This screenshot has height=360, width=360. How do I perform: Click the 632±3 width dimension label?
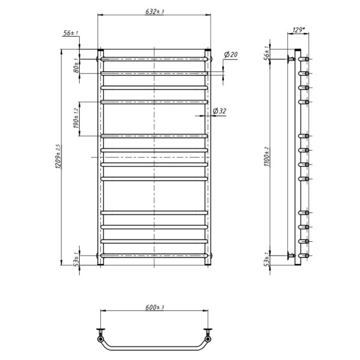155,11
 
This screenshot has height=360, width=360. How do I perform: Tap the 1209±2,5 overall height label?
58,157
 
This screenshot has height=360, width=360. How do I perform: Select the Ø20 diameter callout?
231,55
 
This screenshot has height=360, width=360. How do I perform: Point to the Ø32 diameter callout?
219,111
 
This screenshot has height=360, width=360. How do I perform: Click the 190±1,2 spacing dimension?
76,118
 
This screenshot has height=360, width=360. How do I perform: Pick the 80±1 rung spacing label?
76,65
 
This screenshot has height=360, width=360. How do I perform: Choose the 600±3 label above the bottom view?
155,307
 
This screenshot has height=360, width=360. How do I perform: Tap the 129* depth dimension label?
298,30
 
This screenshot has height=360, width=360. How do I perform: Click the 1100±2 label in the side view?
266,157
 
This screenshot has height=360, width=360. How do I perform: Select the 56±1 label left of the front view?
70,33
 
